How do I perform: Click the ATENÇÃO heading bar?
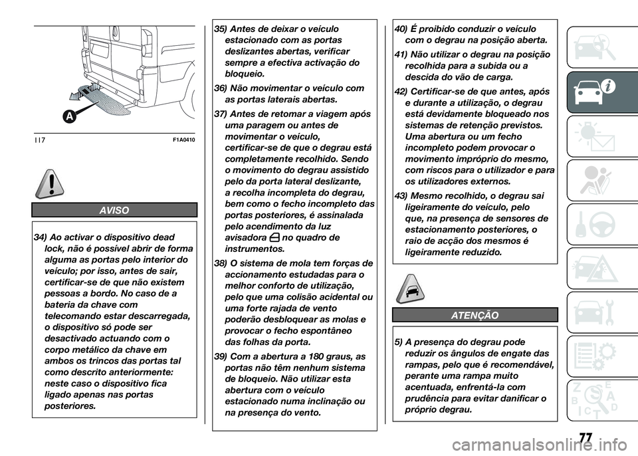pos(474,315)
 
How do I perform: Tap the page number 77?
pos(585,439)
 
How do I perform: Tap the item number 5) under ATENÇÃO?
pos(397,341)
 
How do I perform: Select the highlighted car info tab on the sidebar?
pos(594,91)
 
